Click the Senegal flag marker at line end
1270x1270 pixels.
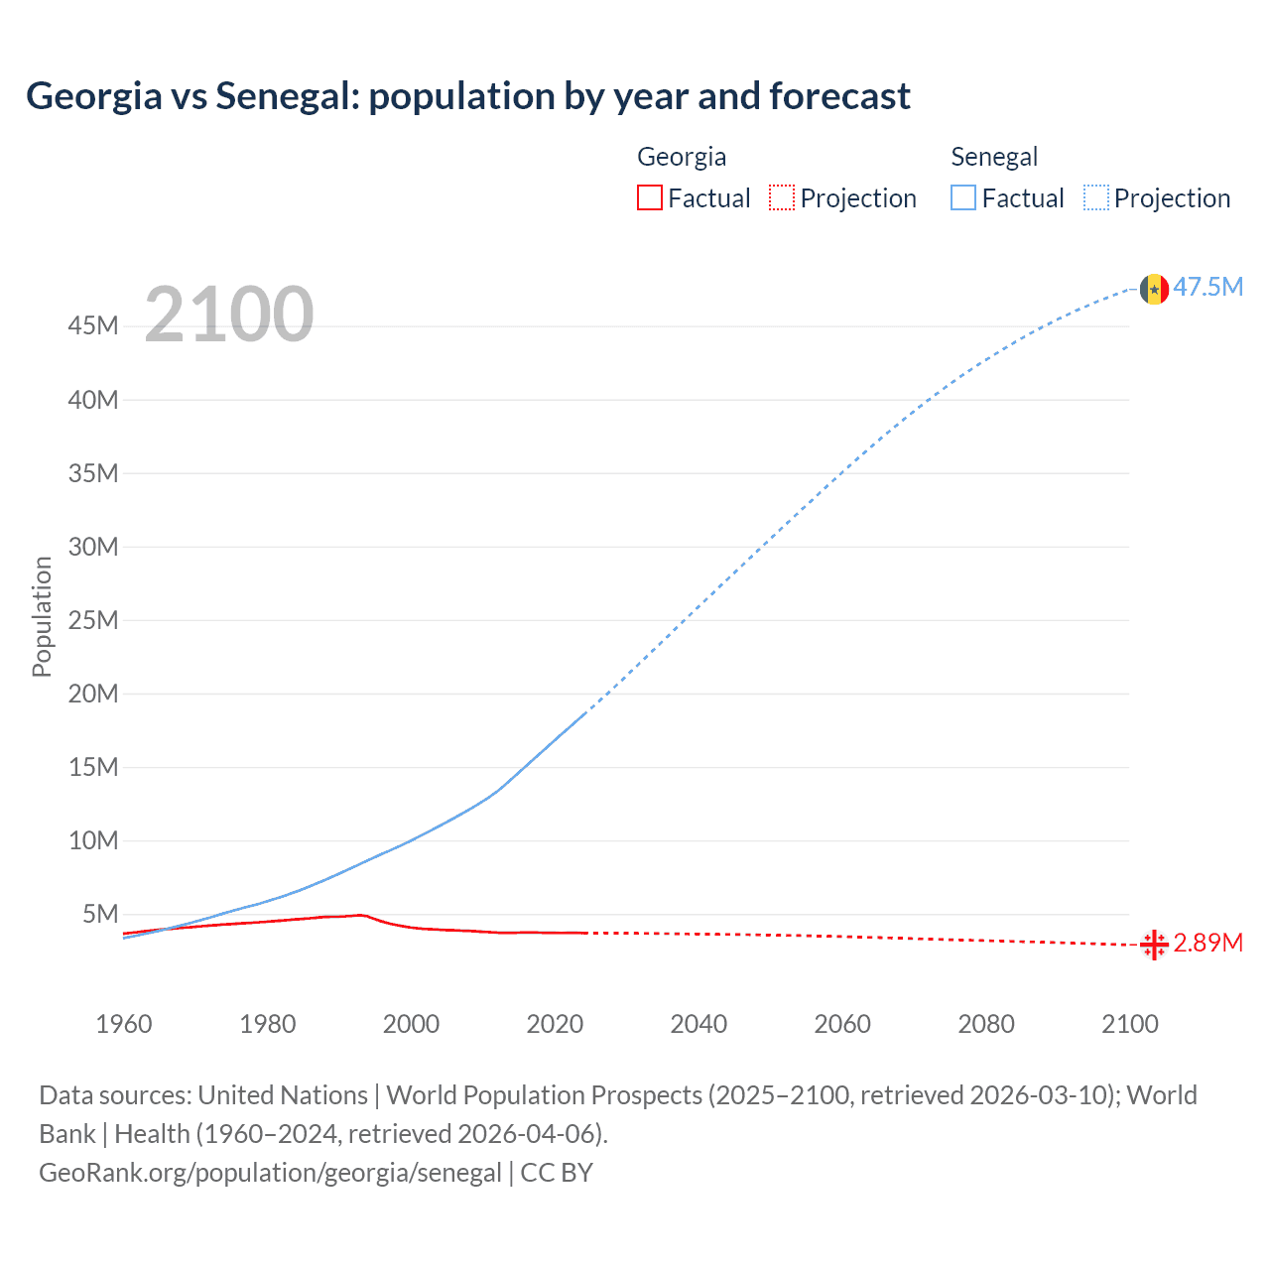point(1154,289)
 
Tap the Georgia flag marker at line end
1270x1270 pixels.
point(1154,946)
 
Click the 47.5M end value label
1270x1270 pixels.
point(1208,288)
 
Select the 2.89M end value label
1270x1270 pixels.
point(1208,943)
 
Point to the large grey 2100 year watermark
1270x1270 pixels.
point(229,315)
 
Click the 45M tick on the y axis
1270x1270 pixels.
point(93,326)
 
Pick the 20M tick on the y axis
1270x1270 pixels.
point(93,694)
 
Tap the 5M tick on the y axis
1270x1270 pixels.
point(100,914)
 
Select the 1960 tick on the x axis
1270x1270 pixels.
point(124,1024)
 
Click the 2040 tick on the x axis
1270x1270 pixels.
point(698,1024)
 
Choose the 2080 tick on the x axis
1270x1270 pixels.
point(986,1024)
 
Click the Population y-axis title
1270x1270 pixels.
point(42,616)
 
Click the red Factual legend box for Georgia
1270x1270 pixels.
point(649,197)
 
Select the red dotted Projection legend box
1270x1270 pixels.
point(782,197)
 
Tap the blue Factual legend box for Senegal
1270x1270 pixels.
point(963,197)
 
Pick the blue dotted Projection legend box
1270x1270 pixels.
point(1096,197)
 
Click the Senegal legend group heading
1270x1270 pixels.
point(994,157)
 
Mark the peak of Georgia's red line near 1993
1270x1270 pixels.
point(362,915)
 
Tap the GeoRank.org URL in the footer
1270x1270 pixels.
point(270,1173)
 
